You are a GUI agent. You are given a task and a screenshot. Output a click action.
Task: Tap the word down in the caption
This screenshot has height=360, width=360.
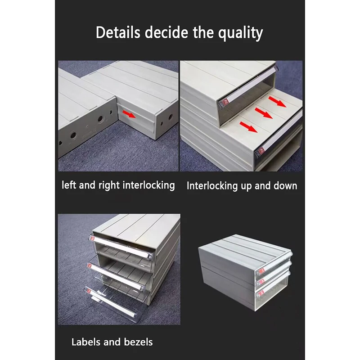pyautogui.click(x=285, y=185)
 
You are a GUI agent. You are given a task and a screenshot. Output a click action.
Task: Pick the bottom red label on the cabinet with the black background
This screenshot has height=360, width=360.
pyautogui.click(x=258, y=292)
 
